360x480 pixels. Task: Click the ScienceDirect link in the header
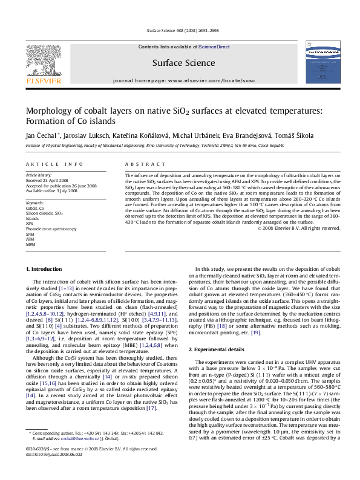(214, 47)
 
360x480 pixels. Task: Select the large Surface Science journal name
(180, 62)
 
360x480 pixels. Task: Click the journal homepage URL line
(180, 80)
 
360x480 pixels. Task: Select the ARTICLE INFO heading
(55, 164)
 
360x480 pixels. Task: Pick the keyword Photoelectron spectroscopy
(51, 229)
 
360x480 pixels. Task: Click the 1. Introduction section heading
(46, 268)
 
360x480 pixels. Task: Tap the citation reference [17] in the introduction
(168, 426)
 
